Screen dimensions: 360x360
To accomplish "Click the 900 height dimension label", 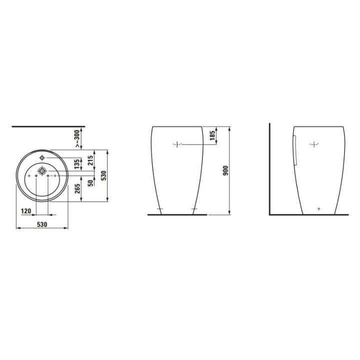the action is click(x=226, y=170).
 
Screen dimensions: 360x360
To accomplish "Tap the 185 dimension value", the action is click(x=212, y=135).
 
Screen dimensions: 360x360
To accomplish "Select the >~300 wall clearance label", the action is click(x=77, y=138).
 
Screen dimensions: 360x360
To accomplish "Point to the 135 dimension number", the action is click(x=77, y=164).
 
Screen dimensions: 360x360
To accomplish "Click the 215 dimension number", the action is click(x=90, y=160).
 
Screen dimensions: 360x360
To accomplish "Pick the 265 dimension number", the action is click(x=78, y=188).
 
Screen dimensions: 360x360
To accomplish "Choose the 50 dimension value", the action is click(x=90, y=183).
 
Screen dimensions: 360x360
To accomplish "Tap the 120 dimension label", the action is click(x=26, y=211).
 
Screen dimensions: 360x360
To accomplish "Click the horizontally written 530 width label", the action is click(x=42, y=224).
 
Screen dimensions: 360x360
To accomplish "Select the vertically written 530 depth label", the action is click(x=104, y=175).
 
